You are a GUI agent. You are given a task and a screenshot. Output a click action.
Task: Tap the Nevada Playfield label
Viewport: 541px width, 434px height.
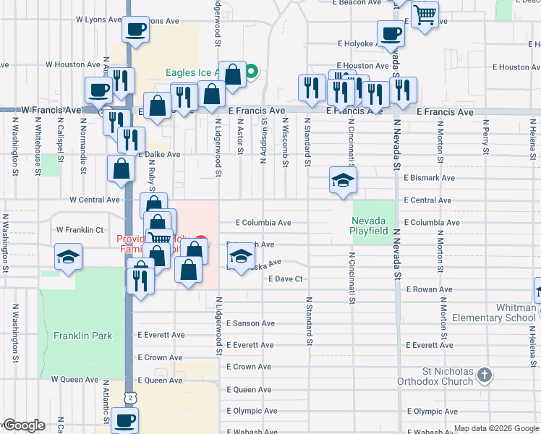click(375, 226)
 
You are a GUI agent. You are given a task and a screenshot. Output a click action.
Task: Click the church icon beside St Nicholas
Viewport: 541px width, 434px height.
click(484, 375)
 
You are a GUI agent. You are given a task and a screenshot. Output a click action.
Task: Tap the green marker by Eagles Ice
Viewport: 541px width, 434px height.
click(251, 72)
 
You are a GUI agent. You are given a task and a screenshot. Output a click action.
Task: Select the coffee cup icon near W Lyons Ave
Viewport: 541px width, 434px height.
click(135, 30)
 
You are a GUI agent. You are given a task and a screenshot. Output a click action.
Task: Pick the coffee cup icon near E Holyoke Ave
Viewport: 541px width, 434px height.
click(391, 33)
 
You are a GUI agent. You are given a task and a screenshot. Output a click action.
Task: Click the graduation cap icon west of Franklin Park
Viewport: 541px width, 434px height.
click(69, 257)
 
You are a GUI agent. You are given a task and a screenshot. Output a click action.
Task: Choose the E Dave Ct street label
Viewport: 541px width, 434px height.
click(284, 278)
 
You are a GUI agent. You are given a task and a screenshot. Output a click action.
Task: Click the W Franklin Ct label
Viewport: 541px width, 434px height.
click(80, 229)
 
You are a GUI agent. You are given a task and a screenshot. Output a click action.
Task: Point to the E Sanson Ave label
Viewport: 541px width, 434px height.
click(250, 323)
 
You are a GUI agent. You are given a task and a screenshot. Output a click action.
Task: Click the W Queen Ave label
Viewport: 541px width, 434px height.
click(74, 379)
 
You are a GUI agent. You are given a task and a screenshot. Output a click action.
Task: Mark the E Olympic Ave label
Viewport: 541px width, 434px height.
click(252, 411)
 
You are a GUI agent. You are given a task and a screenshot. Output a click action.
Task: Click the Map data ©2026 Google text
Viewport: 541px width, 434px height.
click(495, 429)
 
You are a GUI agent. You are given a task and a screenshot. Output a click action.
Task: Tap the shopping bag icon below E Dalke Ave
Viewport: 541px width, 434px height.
click(122, 169)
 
